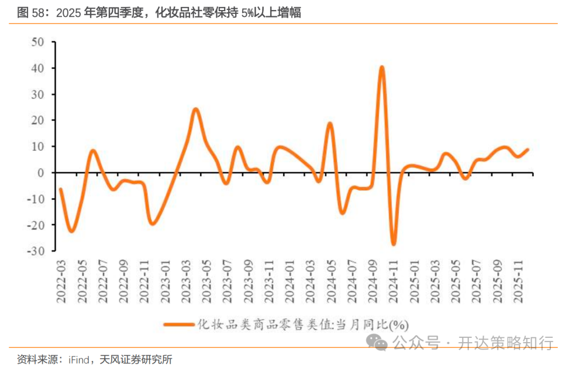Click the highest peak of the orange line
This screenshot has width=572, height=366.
click(381, 67)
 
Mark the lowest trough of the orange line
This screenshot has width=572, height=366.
click(393, 244)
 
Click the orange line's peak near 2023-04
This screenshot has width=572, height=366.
click(195, 109)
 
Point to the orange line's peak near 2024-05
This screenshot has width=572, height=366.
click(329, 124)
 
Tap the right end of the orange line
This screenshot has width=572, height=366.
click(528, 150)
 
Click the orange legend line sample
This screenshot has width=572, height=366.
click(178, 323)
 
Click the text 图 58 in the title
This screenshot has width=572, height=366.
click(30, 13)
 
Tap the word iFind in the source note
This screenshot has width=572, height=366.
click(79, 359)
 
